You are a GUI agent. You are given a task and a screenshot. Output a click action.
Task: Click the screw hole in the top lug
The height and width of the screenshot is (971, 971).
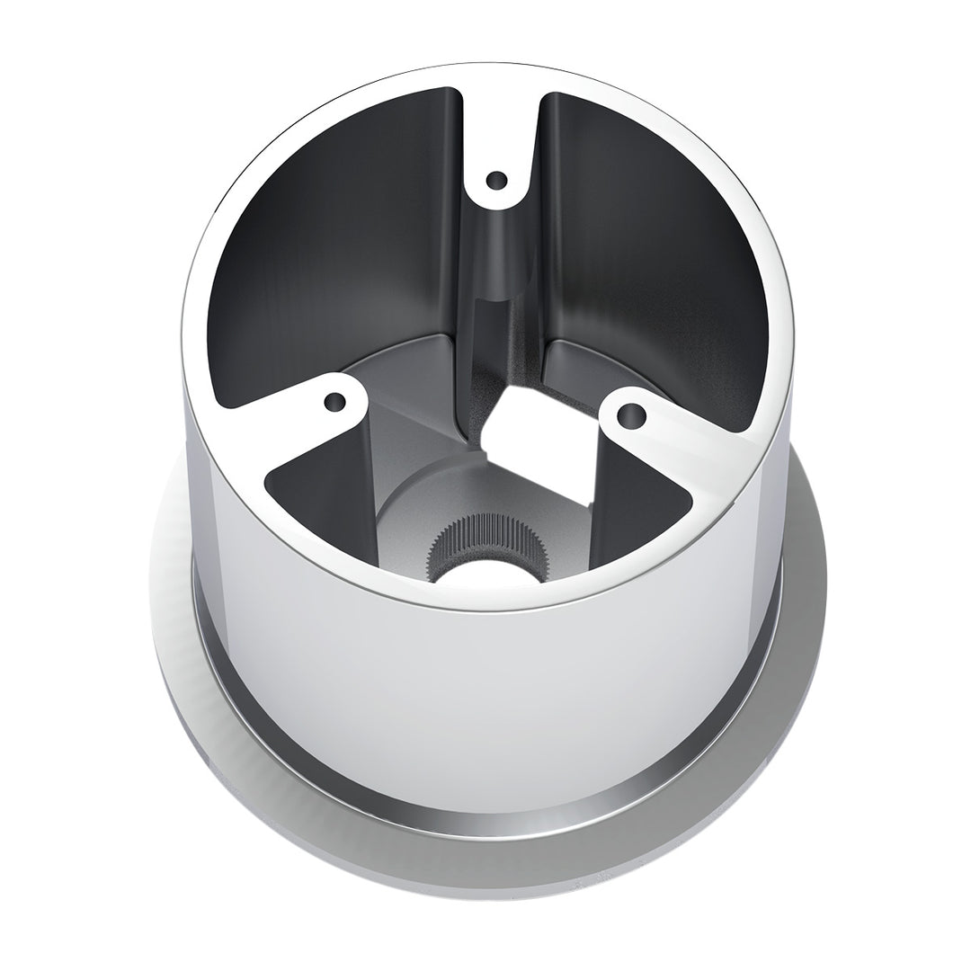[x=495, y=182]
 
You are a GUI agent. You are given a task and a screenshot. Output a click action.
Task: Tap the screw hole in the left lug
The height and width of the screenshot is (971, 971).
[x=335, y=401]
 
